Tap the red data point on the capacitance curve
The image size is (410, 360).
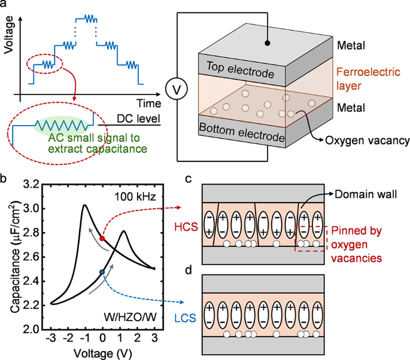pos(102,238)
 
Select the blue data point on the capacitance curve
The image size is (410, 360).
pos(102,272)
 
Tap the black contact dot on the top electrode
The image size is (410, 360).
pos(267,43)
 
